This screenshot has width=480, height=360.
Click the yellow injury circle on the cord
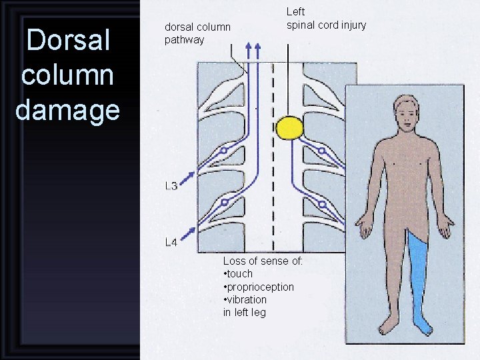(291, 128)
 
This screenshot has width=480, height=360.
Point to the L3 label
(171, 186)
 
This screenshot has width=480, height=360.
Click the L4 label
(171, 242)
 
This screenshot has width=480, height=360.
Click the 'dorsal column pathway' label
(197, 33)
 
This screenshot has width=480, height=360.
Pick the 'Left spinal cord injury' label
(326, 19)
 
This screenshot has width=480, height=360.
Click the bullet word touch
(239, 274)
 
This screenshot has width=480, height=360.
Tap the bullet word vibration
(246, 299)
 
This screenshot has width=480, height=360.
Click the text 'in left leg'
(244, 312)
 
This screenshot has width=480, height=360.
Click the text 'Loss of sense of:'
(263, 261)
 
